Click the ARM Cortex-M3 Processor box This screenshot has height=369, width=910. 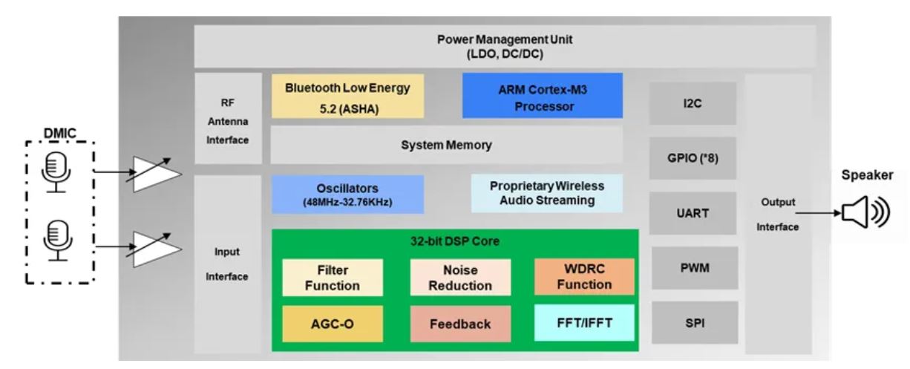[x=542, y=95]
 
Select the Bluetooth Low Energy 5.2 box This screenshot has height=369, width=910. [x=347, y=95]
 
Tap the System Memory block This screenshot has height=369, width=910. [x=446, y=146]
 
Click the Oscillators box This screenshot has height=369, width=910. [x=347, y=194]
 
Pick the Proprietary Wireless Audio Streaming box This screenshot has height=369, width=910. [x=546, y=193]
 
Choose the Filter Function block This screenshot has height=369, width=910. [x=333, y=278]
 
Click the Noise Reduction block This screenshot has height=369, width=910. [x=461, y=278]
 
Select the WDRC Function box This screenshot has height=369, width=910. [x=584, y=277]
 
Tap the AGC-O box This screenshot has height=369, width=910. [x=333, y=324]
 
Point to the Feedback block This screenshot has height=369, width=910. [x=461, y=324]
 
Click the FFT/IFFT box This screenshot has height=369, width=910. [x=584, y=324]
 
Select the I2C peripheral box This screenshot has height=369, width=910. [x=693, y=103]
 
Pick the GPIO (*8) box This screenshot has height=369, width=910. [x=693, y=157]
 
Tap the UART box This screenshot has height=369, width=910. [x=693, y=213]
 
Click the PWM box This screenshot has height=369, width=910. [x=693, y=268]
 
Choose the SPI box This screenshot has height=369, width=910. [x=693, y=322]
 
